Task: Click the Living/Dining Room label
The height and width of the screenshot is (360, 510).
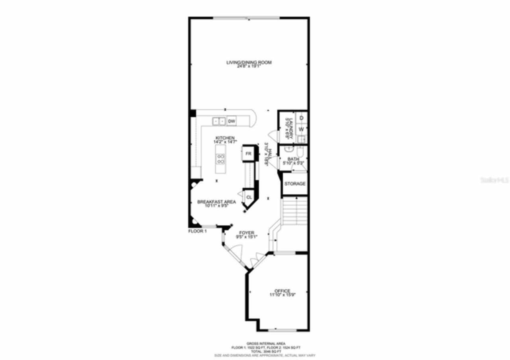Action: [x=249, y=62]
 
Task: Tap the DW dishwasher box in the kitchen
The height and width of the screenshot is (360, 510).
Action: [x=231, y=121]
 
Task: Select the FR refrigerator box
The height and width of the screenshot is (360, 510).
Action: [x=249, y=154]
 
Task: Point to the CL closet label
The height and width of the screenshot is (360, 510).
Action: [x=249, y=197]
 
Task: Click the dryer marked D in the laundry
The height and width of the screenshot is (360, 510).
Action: [x=302, y=118]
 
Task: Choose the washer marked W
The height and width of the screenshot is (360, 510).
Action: [x=302, y=129]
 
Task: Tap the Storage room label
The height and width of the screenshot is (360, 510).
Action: [x=295, y=184]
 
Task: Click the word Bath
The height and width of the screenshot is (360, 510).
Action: [x=293, y=159]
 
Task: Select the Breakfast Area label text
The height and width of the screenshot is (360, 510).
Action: [x=216, y=202]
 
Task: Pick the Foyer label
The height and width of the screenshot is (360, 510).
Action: [x=247, y=233]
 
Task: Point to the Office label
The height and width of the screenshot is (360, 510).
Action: [x=282, y=291]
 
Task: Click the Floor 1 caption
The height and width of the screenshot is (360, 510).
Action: [x=197, y=231]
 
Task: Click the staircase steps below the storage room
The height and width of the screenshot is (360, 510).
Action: [x=294, y=211]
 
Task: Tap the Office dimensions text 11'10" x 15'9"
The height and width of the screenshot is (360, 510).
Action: [x=282, y=295]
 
